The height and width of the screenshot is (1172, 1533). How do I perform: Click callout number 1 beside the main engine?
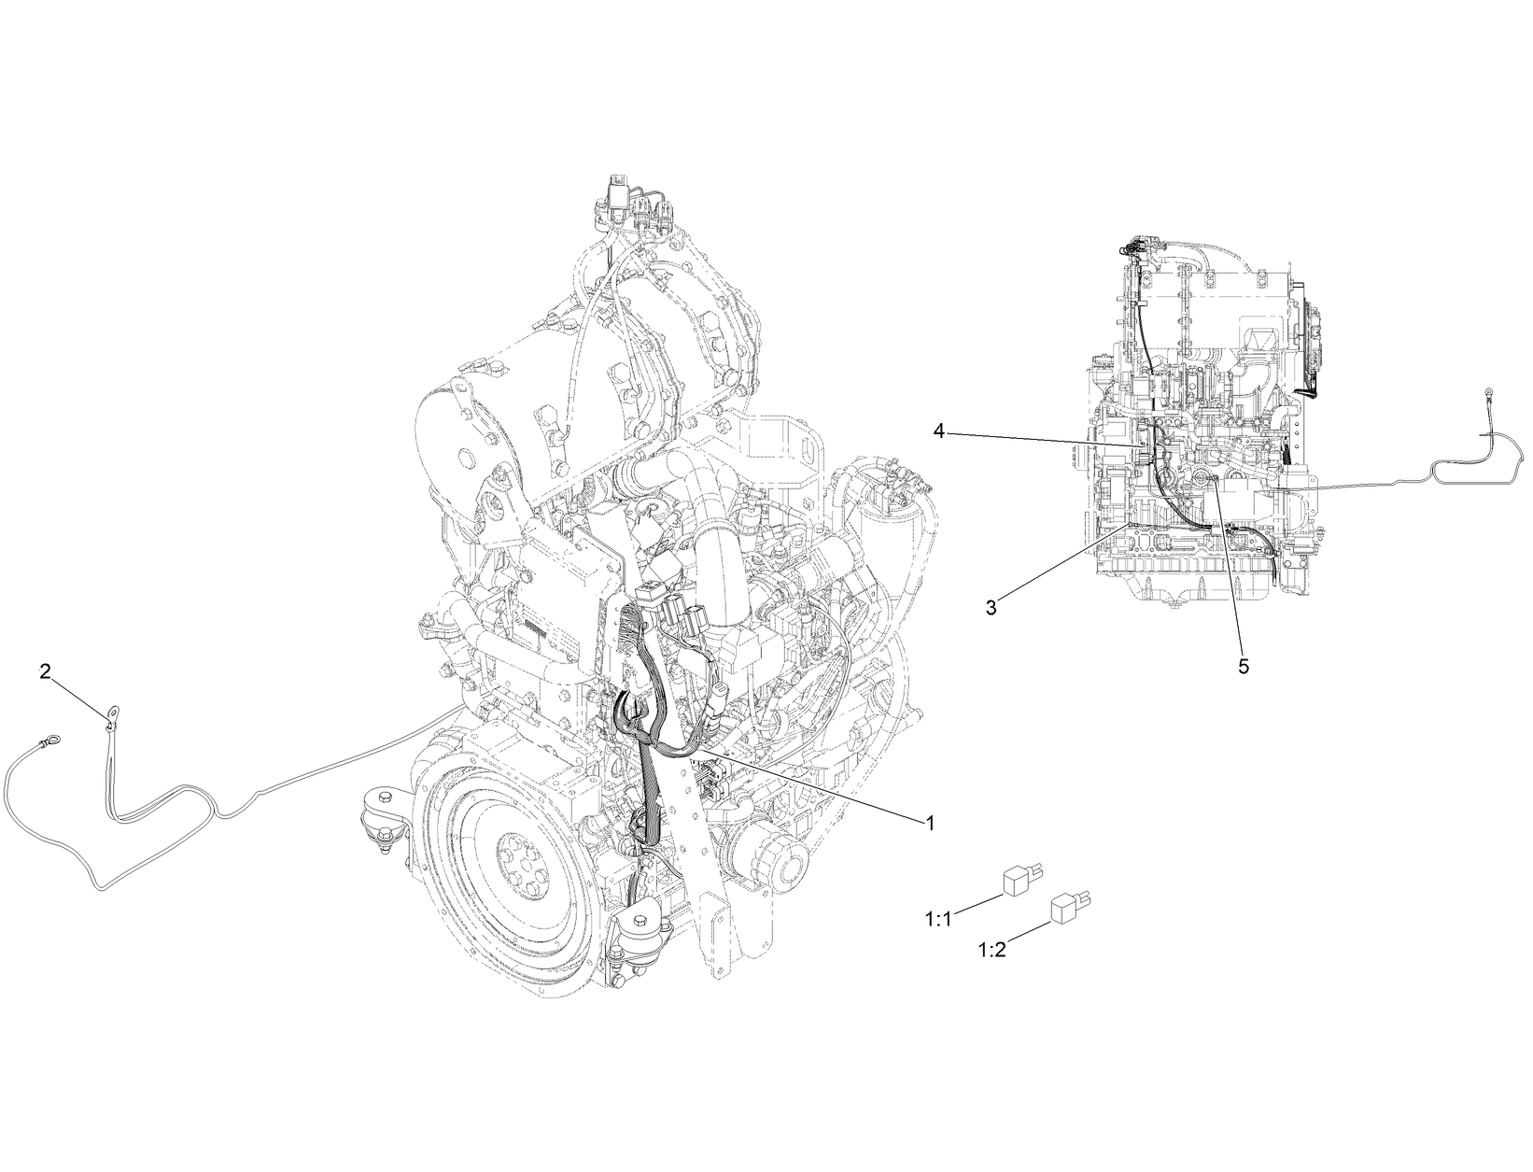tap(930, 823)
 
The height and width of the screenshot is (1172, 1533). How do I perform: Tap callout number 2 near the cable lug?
tap(45, 671)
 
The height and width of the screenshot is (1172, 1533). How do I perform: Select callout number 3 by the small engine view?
tap(991, 607)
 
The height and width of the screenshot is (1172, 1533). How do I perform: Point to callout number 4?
tap(939, 431)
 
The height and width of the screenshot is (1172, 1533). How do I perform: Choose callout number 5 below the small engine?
tap(1243, 666)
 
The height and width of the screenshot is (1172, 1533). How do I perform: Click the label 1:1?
tap(937, 919)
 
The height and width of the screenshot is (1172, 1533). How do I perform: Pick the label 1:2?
tap(990, 950)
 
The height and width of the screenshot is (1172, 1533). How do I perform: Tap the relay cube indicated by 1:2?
tap(1067, 909)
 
